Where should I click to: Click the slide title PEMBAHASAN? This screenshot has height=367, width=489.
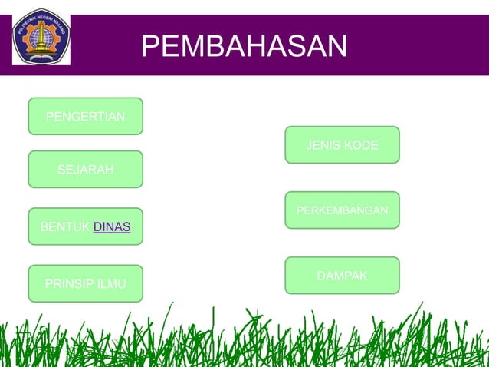tap(244, 46)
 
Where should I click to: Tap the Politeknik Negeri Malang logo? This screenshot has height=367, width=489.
tap(41, 36)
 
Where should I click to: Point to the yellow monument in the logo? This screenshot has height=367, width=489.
tap(41, 36)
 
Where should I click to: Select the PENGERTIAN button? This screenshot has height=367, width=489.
tap(85, 117)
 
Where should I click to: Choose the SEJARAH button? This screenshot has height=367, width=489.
tap(85, 169)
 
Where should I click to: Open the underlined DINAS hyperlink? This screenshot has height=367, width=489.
tap(112, 226)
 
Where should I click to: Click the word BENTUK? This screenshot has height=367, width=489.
tap(65, 226)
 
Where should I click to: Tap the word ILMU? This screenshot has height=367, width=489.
tap(112, 285)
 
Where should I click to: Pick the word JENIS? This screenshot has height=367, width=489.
tap(323, 145)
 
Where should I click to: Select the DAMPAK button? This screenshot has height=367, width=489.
tap(342, 275)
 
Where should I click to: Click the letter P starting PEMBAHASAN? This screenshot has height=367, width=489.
tap(151, 46)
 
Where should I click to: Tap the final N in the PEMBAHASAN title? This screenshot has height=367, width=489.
tap(336, 46)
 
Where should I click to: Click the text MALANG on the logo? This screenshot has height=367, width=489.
tap(60, 25)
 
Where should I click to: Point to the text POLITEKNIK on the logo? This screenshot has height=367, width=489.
tap(25, 26)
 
